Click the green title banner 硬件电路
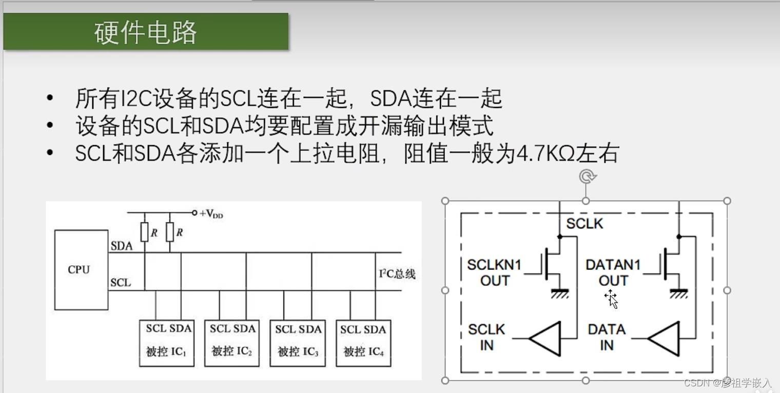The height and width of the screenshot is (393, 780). pos(146,32)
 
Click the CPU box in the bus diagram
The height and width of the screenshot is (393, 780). pos(81,270)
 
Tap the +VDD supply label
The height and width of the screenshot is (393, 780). pos(211,214)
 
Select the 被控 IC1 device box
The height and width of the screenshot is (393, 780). pos(167,343)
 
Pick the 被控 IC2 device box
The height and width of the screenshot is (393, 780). pos(231,343)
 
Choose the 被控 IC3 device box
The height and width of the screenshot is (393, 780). pos(298,343)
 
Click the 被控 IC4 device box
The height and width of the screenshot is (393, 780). pos(363,343)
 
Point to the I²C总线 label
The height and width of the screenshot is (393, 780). pos(397,274)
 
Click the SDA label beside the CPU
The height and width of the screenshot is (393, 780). pos(122,246)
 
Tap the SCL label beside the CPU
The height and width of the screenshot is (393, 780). pos(121,282)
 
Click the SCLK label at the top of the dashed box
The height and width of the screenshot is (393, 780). pos(584,224)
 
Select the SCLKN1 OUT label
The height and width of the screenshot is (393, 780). pos(494,272)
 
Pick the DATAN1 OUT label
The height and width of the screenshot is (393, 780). pos(613,272)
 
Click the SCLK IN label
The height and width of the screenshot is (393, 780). pos(486,337)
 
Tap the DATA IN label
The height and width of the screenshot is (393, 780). pos(607,337)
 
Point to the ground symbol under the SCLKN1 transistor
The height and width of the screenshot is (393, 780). pos(559,294)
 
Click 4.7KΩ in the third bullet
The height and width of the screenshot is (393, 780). pos(544,153)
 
